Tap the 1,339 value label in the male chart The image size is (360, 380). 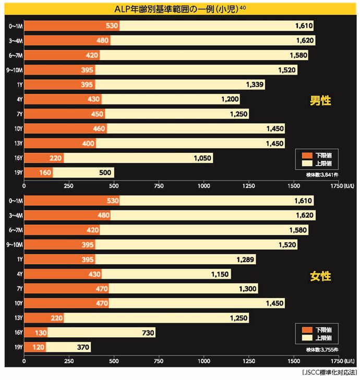256,84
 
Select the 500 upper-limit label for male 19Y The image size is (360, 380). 105,172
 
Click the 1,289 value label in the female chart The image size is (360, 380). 246,259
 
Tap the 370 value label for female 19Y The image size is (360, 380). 82,347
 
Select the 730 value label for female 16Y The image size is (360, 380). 147,332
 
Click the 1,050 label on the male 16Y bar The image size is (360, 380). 202,158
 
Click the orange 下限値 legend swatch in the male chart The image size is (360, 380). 306,155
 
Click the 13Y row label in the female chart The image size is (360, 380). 18,318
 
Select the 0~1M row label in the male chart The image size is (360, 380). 15,26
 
